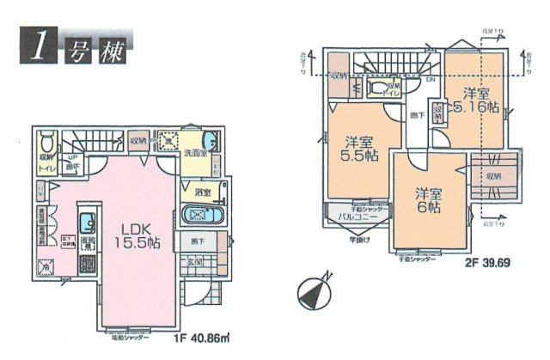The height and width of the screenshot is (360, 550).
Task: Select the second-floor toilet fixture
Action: tap(378, 88)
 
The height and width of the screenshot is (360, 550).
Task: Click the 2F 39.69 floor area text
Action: tap(484, 259)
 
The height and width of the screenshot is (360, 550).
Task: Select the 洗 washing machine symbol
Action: tap(169, 141)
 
